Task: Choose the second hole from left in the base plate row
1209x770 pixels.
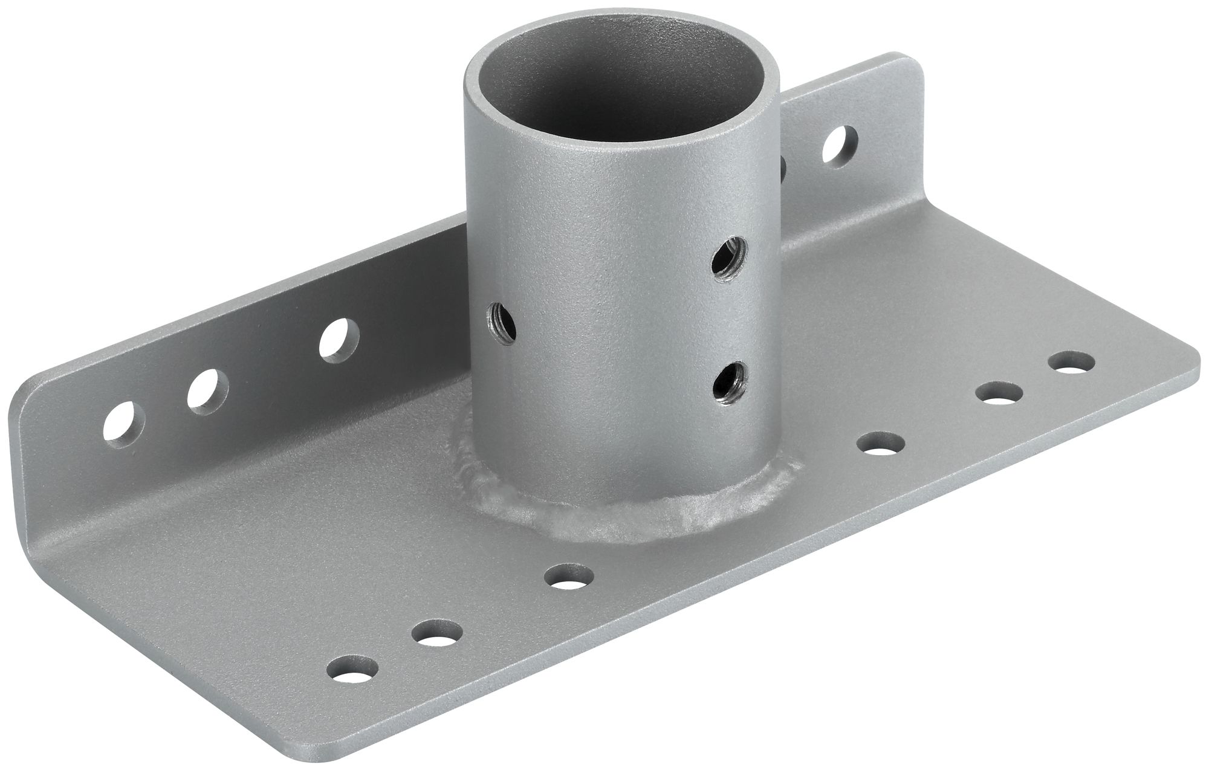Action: tap(436, 633)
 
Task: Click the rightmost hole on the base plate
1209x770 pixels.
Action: tap(1071, 364)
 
